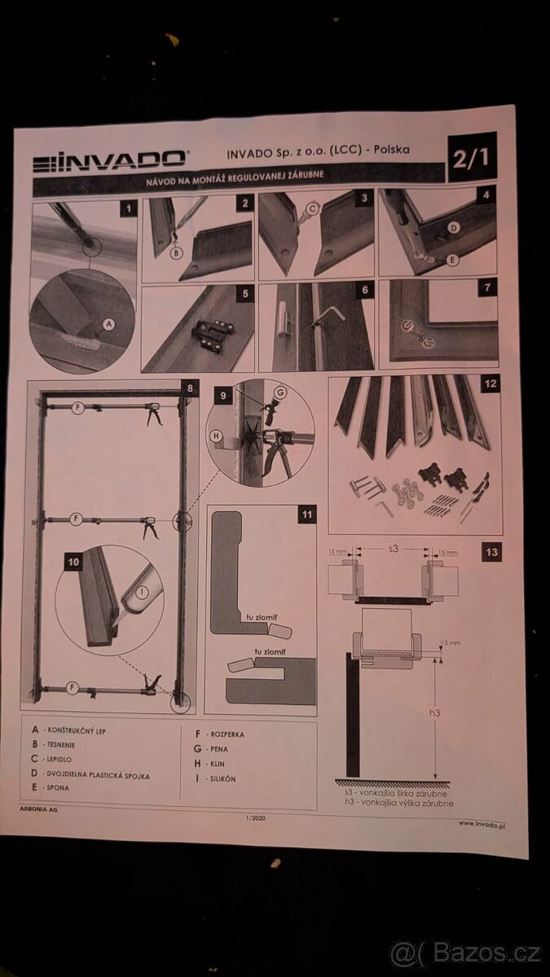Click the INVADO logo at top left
point(111,160)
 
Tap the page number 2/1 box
point(472,157)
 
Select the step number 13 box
point(491,552)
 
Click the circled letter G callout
point(280,392)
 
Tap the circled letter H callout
point(217,436)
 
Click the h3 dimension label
point(434,712)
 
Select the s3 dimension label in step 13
point(393,549)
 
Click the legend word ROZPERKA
point(226,734)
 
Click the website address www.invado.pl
point(482,823)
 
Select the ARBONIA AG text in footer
point(38,809)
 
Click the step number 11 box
point(306,514)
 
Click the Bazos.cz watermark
point(465,953)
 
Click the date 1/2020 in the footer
point(255,817)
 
